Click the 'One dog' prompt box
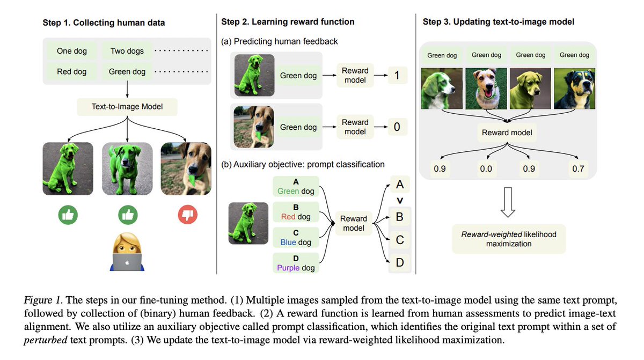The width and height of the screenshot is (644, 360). click(x=72, y=52)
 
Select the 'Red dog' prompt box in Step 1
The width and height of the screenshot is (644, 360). click(x=72, y=71)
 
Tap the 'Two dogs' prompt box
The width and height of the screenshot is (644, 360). click(x=127, y=52)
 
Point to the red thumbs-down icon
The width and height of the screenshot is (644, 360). click(x=187, y=215)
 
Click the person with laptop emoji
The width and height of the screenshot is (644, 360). click(x=127, y=254)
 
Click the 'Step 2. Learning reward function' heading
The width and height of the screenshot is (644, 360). click(x=288, y=22)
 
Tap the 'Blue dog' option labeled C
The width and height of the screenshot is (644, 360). click(x=296, y=237)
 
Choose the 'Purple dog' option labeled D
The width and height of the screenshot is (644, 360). click(x=296, y=263)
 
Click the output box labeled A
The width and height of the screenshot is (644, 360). click(x=399, y=185)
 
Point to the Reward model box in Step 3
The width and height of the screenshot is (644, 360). click(x=508, y=132)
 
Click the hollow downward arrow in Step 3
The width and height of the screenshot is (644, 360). click(x=508, y=203)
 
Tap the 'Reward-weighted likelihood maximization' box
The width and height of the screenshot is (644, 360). click(x=508, y=239)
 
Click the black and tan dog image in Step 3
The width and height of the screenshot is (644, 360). click(x=574, y=89)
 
